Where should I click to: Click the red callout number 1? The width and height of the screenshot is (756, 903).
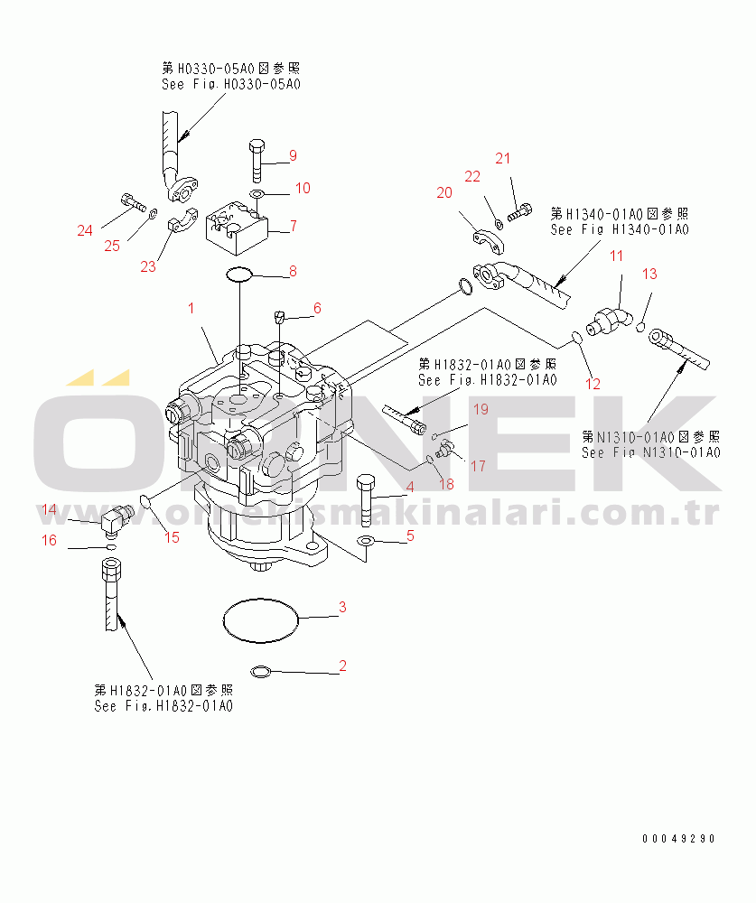coord(191,309)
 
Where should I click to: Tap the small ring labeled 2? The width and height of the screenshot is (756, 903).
coord(259,671)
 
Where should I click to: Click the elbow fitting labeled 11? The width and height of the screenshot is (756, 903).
coord(609,318)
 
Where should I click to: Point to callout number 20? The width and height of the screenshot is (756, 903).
coord(443,192)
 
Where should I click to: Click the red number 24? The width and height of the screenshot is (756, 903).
coord(85,230)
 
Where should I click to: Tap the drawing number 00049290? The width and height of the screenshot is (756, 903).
coord(678,838)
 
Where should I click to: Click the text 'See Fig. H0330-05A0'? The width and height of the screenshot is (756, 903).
coord(230,84)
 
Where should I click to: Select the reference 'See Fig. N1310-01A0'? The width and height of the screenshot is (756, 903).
coord(650,452)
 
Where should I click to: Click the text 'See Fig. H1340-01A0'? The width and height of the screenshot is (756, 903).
coord(620,229)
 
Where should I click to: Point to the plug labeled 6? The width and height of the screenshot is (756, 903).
coord(280,317)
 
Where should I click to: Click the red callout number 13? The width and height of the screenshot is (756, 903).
coord(649,274)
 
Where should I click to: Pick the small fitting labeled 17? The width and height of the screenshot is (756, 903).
coord(444,447)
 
